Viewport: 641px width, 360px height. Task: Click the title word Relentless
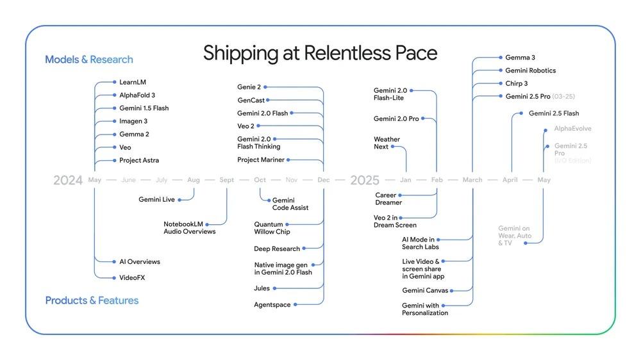[339, 53]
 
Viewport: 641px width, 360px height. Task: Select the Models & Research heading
[89, 60]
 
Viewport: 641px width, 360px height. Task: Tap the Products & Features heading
[92, 300]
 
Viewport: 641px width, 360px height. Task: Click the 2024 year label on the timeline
[68, 181]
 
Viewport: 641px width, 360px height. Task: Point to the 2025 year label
[365, 181]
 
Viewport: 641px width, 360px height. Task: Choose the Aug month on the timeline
[194, 180]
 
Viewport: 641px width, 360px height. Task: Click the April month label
[510, 180]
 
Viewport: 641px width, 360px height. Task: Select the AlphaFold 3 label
[137, 95]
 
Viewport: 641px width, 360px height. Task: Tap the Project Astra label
[139, 160]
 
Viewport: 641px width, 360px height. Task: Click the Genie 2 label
[249, 86]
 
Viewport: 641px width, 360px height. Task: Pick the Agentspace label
[272, 305]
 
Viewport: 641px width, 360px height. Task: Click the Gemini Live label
[156, 200]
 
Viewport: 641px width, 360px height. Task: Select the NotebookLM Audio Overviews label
[189, 227]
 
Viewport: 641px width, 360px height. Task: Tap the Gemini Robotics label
[530, 70]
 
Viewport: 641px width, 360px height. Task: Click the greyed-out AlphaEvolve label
[572, 129]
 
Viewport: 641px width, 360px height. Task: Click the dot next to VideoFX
[114, 277]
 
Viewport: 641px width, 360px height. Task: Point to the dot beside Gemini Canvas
[454, 291]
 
